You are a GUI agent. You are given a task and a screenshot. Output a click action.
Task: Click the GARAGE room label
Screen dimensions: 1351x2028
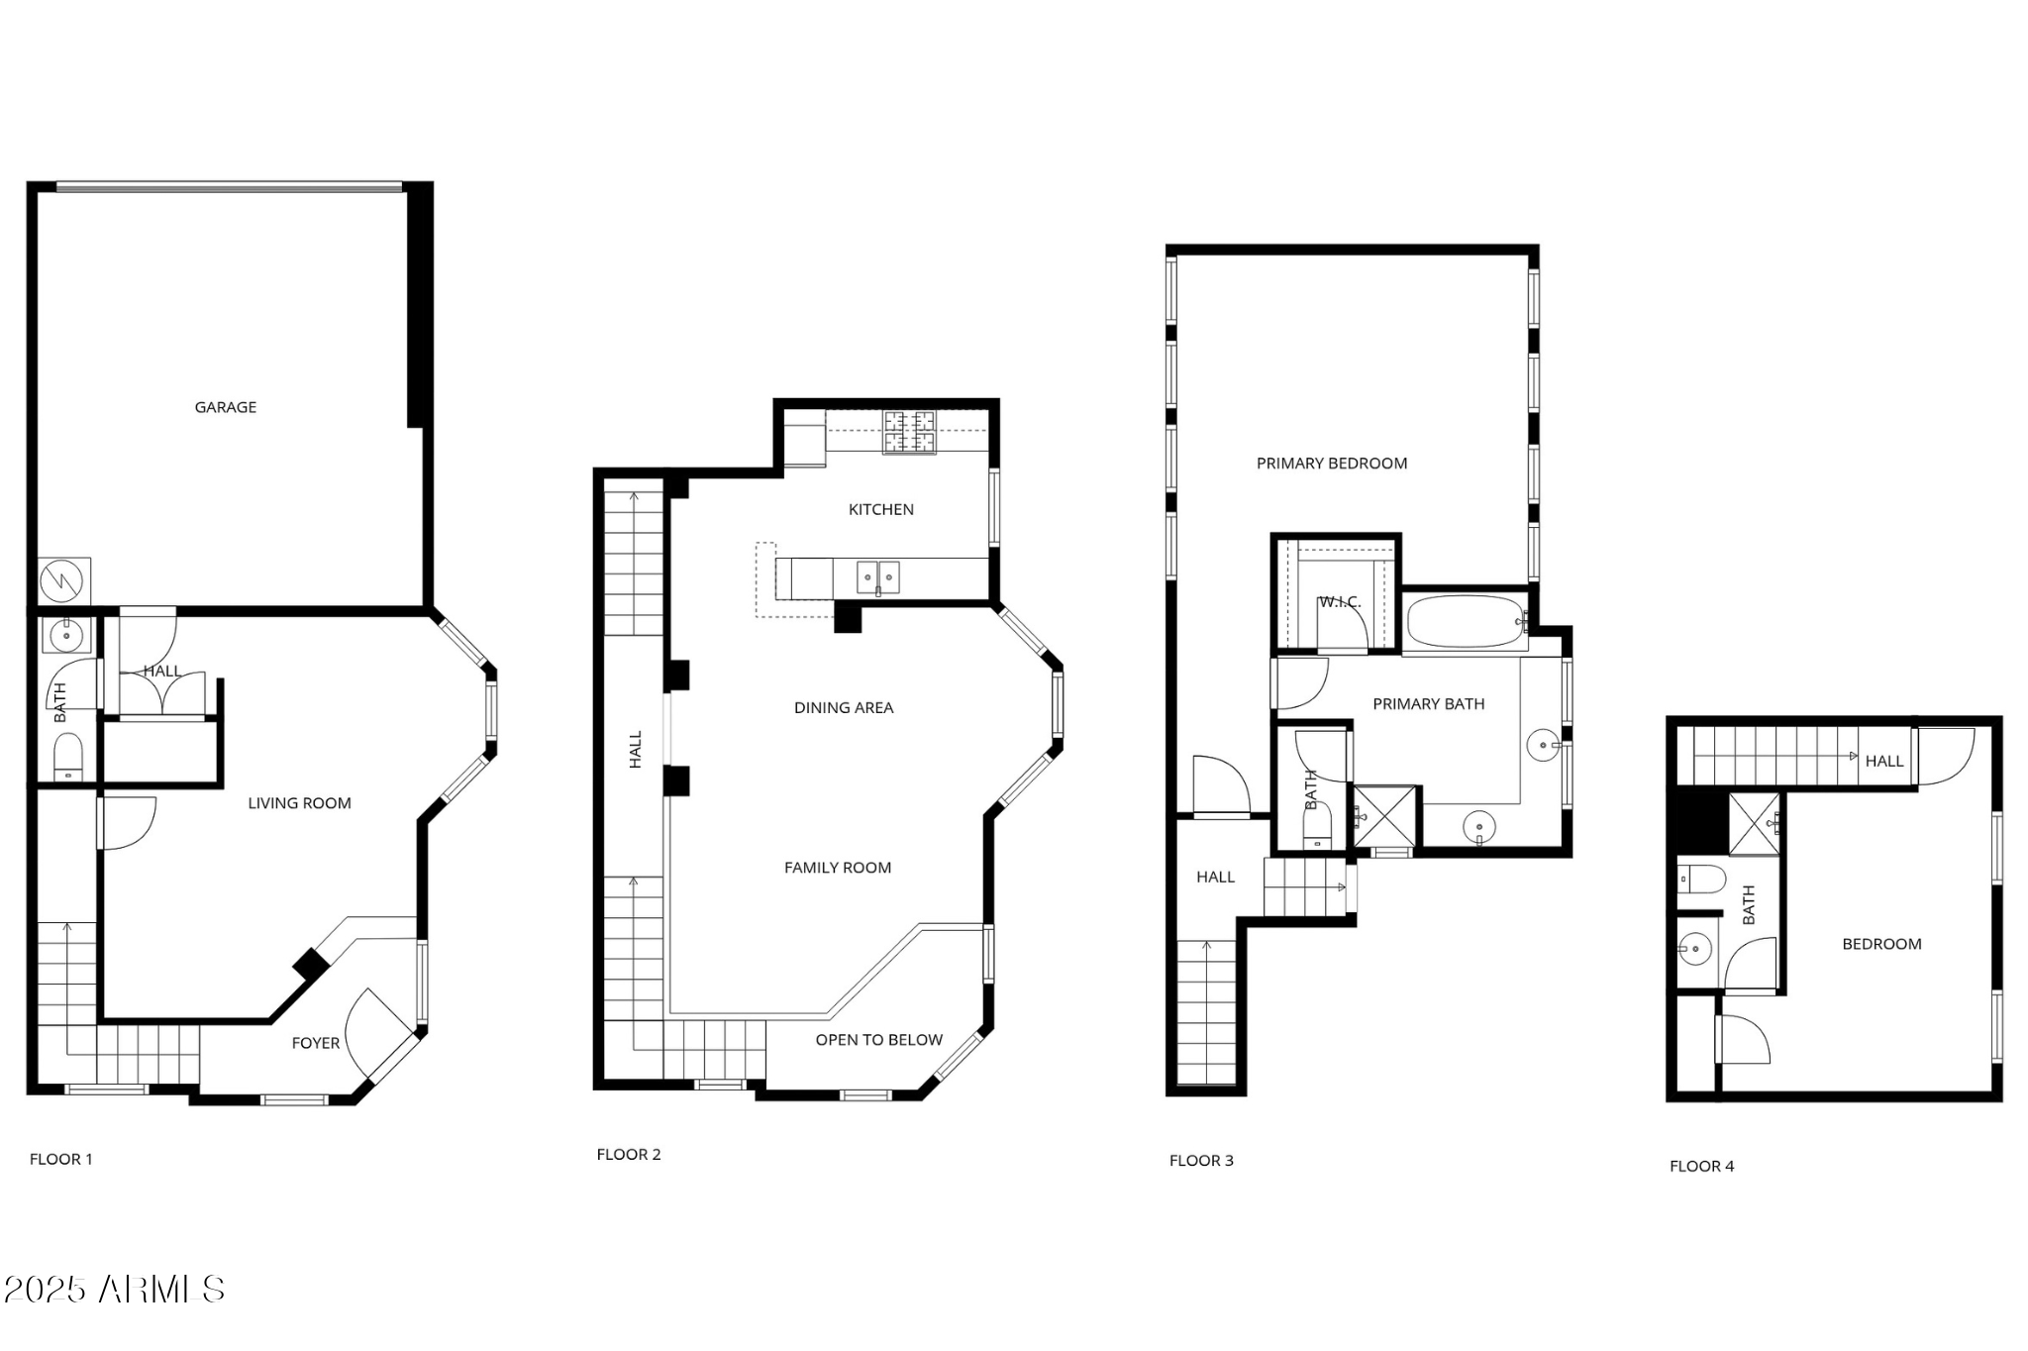(225, 407)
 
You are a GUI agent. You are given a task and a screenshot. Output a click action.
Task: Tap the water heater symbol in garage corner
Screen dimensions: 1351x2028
(64, 581)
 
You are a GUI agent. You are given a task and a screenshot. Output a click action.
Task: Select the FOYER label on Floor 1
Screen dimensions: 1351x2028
(315, 1043)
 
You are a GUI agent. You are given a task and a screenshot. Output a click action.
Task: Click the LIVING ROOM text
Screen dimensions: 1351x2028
(299, 803)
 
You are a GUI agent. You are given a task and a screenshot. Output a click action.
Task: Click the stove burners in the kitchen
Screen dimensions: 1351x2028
(909, 432)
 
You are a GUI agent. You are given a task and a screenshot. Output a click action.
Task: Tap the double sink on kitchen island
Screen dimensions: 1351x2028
(877, 576)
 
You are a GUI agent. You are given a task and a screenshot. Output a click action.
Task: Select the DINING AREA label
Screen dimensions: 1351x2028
(844, 707)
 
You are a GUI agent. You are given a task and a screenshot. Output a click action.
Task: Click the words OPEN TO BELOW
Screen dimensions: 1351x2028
(878, 1040)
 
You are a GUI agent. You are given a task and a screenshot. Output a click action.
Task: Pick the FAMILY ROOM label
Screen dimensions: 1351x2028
(838, 868)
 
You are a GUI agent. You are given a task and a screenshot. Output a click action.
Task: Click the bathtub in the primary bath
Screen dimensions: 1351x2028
(1466, 621)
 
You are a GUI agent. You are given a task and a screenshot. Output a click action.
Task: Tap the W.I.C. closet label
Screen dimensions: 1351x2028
(1339, 602)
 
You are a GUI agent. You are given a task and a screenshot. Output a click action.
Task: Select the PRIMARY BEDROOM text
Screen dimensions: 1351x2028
(1331, 464)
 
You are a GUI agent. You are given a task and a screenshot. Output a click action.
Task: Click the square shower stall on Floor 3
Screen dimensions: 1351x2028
(1384, 816)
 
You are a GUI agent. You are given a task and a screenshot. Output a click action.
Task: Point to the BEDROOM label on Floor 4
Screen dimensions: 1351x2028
(1881, 944)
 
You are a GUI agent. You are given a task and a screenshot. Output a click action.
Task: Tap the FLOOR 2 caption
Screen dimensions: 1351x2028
(628, 1154)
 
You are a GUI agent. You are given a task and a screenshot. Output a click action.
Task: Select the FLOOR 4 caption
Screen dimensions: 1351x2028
(1701, 1166)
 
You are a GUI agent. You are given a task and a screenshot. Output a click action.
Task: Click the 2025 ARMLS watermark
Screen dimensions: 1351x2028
(114, 1289)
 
